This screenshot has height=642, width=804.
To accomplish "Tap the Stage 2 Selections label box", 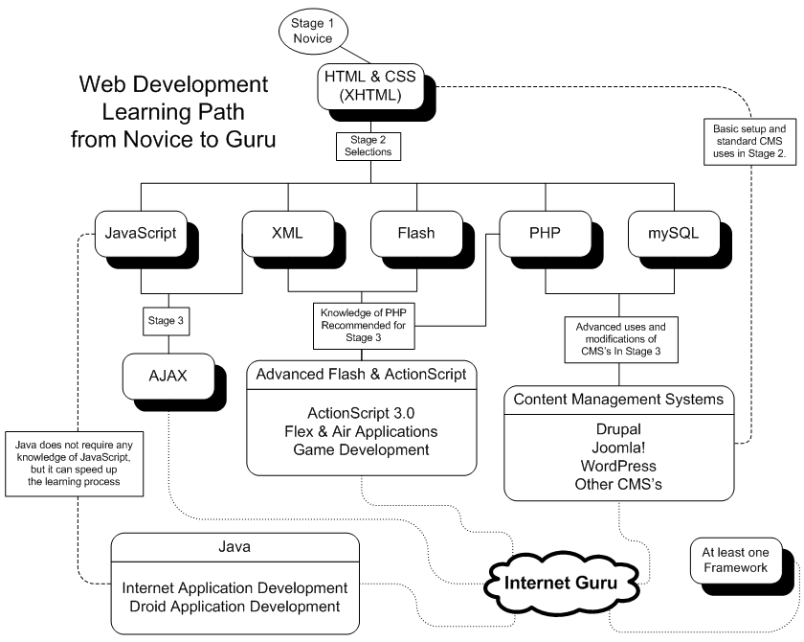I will pyautogui.click(x=362, y=146).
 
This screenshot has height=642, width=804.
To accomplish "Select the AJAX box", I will pyautogui.click(x=167, y=375).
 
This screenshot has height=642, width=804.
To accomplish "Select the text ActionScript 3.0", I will pyautogui.click(x=360, y=414).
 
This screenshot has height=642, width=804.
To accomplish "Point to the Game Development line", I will pyautogui.click(x=360, y=449).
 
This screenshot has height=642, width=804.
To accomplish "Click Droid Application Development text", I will pyautogui.click(x=234, y=607).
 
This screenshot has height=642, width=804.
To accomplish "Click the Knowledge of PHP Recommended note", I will pyautogui.click(x=360, y=323).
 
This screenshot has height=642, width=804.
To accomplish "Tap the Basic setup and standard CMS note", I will pyautogui.click(x=748, y=142).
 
